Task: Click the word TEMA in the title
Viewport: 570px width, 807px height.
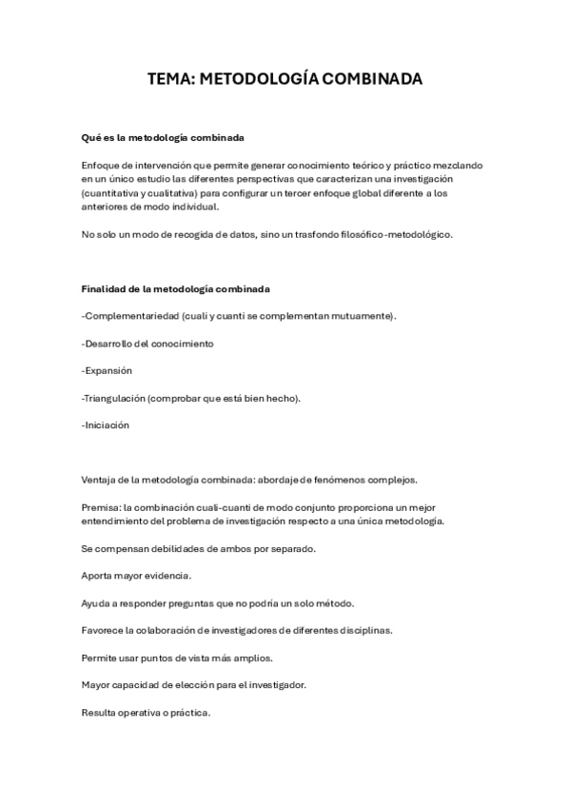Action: (x=168, y=80)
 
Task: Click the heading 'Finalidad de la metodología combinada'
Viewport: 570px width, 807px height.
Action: (x=176, y=288)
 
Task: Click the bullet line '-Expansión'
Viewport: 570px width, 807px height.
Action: (x=107, y=370)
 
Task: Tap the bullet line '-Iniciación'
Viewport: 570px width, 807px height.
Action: (x=106, y=425)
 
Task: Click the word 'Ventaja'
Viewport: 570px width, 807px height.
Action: (x=100, y=481)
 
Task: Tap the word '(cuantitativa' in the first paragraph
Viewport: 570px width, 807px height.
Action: (x=111, y=192)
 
